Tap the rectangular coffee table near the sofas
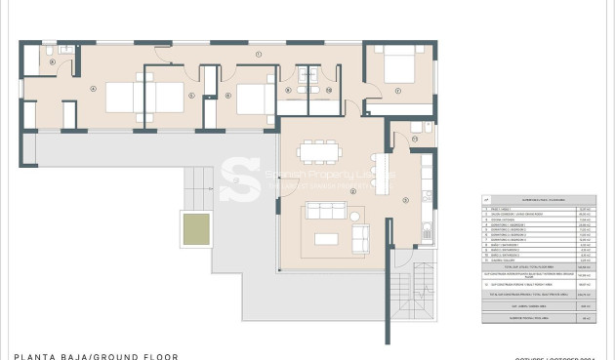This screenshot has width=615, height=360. tap(326, 239)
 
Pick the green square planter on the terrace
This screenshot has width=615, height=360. tap(195, 229)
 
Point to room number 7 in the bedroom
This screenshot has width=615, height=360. tap(398, 93)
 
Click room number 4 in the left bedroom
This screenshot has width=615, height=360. tap(93, 89)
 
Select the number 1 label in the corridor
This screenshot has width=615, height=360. tap(259, 55)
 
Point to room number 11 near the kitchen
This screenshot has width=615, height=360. tap(414, 140)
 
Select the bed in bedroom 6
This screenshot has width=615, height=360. tap(255, 98)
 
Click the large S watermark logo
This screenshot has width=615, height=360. tap(238, 180)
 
